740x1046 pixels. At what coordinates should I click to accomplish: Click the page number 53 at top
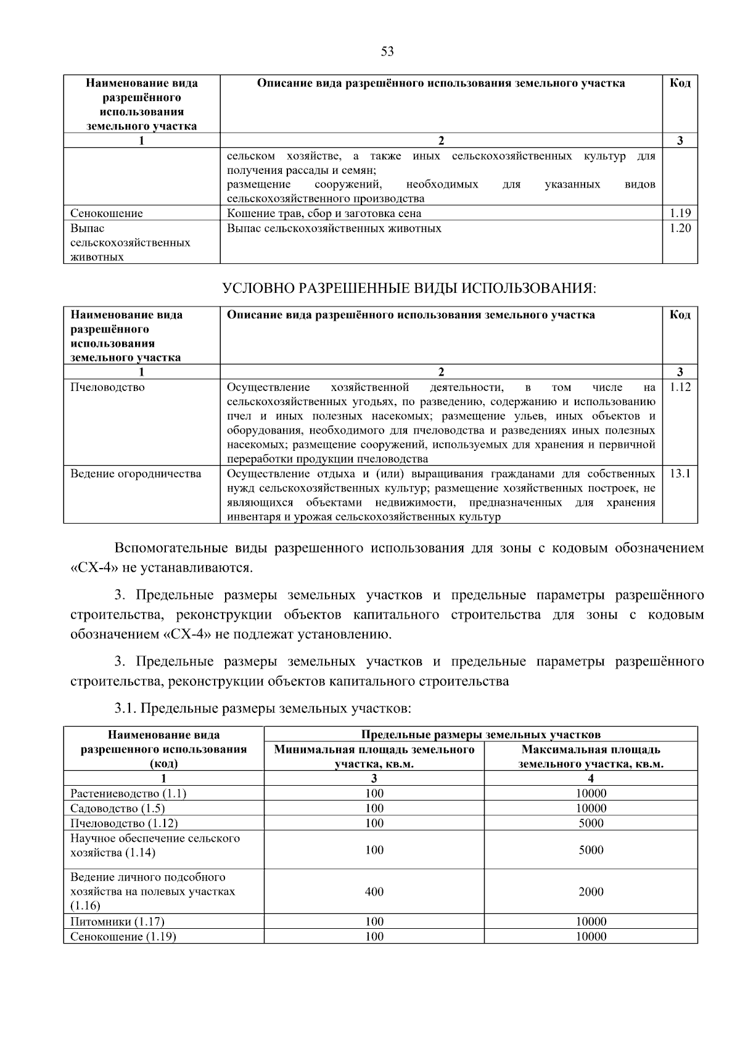click(x=387, y=52)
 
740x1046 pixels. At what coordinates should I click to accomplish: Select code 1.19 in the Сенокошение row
click(x=680, y=213)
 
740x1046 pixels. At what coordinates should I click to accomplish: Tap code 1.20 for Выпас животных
click(x=680, y=228)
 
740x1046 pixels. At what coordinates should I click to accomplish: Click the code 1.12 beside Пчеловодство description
click(x=680, y=387)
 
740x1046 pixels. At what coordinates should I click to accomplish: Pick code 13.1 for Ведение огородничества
click(x=680, y=474)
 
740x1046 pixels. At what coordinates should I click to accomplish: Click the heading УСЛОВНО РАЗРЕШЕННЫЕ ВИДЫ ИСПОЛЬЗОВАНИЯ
click(x=409, y=288)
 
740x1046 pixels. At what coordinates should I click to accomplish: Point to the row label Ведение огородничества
click(x=136, y=474)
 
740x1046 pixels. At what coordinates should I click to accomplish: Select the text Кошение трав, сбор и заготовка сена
click(x=324, y=213)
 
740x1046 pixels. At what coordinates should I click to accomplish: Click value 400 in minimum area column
click(x=374, y=891)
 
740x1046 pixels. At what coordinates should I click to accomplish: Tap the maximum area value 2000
click(x=590, y=891)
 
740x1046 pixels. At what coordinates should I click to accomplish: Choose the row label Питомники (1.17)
click(x=117, y=921)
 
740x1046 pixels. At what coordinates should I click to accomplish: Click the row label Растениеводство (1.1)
click(x=128, y=794)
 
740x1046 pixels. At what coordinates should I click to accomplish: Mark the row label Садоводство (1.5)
click(x=117, y=809)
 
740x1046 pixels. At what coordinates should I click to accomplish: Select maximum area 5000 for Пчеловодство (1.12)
click(x=590, y=823)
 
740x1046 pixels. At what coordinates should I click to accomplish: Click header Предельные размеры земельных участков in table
click(x=480, y=735)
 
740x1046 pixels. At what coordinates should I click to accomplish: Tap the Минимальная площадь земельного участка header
click(x=374, y=757)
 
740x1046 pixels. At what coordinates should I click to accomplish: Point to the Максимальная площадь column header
click(x=590, y=757)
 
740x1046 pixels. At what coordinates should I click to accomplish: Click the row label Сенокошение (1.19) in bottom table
click(x=123, y=936)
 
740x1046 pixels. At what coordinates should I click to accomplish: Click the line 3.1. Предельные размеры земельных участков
click(x=263, y=708)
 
